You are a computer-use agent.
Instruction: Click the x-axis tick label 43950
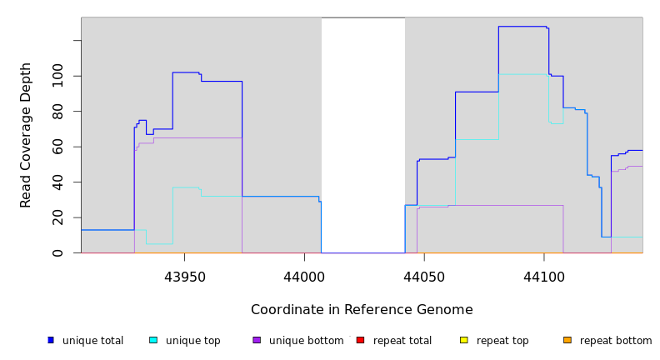184,276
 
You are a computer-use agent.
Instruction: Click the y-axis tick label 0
57,252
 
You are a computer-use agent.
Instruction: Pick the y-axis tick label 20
57,217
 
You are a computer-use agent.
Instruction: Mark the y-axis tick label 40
57,182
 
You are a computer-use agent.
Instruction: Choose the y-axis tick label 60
57,147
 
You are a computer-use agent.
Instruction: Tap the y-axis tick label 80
57,111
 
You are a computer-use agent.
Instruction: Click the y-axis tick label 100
57,76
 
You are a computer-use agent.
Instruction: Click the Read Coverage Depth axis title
26,135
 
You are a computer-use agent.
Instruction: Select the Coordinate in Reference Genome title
362,310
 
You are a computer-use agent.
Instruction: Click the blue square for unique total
51,340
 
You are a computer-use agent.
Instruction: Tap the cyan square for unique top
153,340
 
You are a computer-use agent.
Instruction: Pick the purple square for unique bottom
257,340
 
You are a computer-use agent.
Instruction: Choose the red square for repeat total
360,340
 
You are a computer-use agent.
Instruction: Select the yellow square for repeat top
463,340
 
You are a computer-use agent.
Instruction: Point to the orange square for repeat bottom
567,340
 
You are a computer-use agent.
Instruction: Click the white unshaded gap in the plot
363,133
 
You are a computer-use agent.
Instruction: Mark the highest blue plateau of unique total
522,27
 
